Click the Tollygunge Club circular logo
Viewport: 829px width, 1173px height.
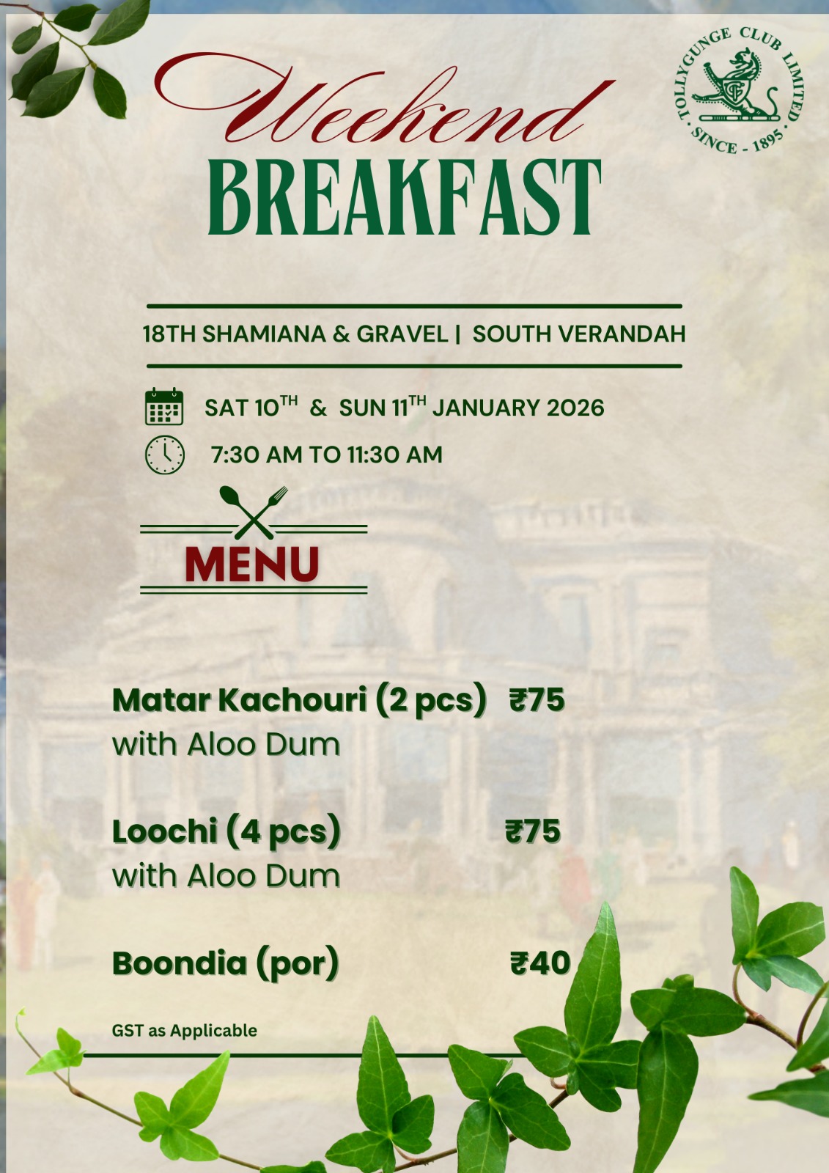coord(739,90)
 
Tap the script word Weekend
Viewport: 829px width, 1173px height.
coord(384,100)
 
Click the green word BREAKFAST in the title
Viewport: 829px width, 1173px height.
coord(405,197)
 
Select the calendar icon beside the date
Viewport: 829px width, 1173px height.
coord(164,406)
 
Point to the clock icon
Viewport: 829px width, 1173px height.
coord(164,455)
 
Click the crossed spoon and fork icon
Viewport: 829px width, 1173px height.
coord(254,512)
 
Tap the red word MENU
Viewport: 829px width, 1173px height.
coord(252,564)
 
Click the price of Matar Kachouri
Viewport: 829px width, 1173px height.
coord(537,699)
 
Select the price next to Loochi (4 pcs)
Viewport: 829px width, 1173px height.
coord(533,831)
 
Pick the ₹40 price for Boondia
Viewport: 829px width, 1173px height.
coord(540,963)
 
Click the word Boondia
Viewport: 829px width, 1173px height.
coord(180,963)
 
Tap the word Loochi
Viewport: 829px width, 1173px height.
coord(165,831)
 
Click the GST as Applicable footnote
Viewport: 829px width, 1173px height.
coord(184,1030)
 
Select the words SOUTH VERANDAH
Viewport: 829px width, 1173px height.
coord(578,334)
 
